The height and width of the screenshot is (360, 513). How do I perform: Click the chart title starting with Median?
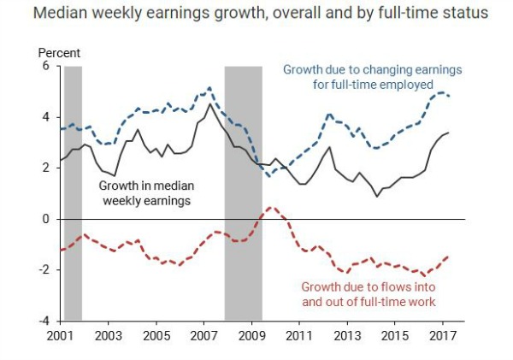(x=256, y=14)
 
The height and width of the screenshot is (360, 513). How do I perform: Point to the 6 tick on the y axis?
(x=46, y=67)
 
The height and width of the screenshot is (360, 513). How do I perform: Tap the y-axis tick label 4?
(x=46, y=117)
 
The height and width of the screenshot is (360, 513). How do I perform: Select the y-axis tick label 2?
(x=46, y=168)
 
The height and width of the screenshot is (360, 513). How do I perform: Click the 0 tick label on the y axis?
(x=46, y=219)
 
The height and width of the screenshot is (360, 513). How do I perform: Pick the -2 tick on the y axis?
(x=44, y=270)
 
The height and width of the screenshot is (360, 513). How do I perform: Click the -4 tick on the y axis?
(x=44, y=321)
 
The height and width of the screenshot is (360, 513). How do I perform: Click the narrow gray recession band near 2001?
(x=73, y=192)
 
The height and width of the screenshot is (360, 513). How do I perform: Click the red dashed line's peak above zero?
(x=270, y=208)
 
